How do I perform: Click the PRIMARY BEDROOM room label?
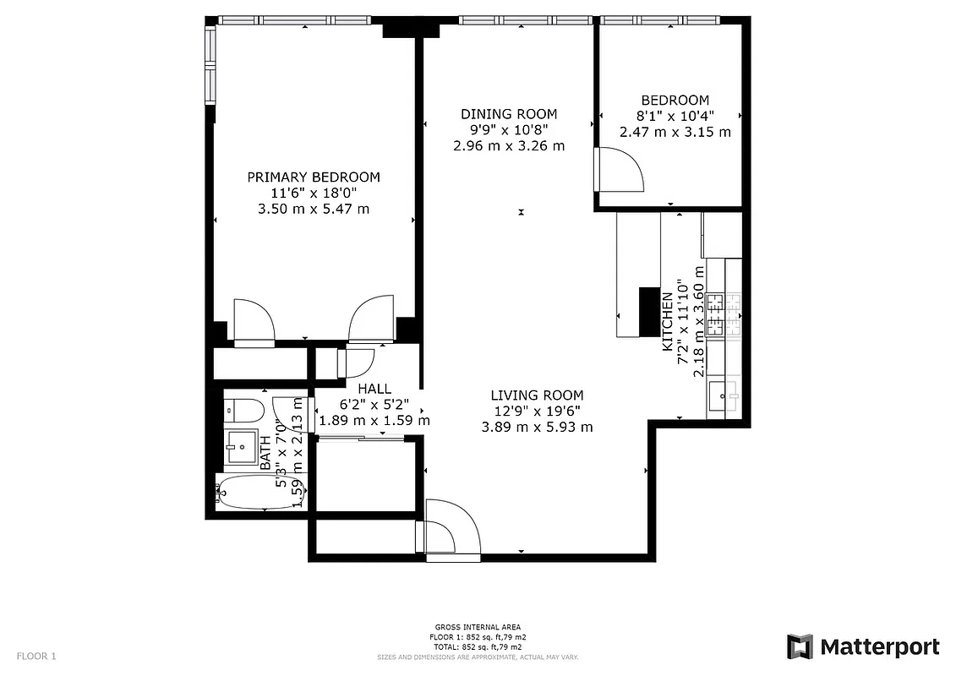pyautogui.click(x=313, y=177)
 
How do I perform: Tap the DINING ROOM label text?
pyautogui.click(x=508, y=114)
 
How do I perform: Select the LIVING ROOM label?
pyautogui.click(x=537, y=395)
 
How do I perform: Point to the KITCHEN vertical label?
pyautogui.click(x=667, y=322)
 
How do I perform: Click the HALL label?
pyautogui.click(x=374, y=389)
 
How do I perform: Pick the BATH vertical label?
pyautogui.click(x=266, y=454)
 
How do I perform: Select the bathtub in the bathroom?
pyautogui.click(x=253, y=492)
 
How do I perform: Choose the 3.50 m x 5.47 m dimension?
pyautogui.click(x=313, y=209)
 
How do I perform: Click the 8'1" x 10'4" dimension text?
pyautogui.click(x=675, y=116)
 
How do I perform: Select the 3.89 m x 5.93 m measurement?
pyautogui.click(x=537, y=428)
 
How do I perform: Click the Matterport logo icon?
pyautogui.click(x=800, y=646)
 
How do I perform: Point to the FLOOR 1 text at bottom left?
pyautogui.click(x=36, y=656)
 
